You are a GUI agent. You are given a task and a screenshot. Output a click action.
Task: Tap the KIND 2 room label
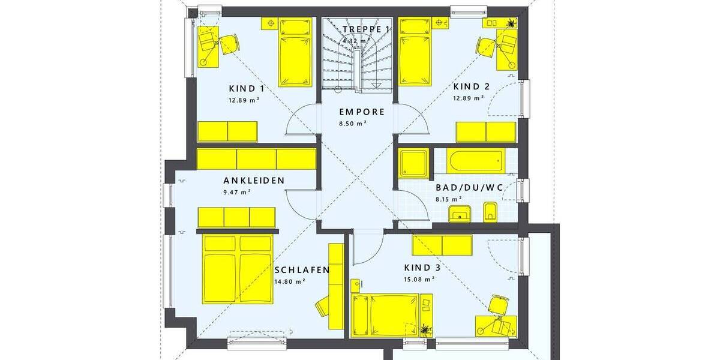coord(471,86)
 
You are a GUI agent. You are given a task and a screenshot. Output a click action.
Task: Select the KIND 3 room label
coord(418,268)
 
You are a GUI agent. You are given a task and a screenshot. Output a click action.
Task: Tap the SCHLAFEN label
coord(302,269)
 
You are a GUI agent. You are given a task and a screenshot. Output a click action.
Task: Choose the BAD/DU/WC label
coord(469,187)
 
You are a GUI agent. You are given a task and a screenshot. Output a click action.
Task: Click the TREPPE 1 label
coord(367,29)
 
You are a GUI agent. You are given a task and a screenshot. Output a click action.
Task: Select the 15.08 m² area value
coord(419,279)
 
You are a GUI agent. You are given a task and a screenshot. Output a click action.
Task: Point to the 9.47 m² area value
coord(236,192)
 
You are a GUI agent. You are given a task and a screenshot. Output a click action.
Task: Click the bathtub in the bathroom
coord(473,160)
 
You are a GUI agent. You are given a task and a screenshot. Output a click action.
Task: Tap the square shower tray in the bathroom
coord(413,163)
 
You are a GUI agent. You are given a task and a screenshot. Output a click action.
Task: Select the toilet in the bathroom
coord(490,212)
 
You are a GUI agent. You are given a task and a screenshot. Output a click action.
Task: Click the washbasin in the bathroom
coord(461,212)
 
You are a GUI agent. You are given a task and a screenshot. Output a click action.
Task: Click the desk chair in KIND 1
coord(229,44)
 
